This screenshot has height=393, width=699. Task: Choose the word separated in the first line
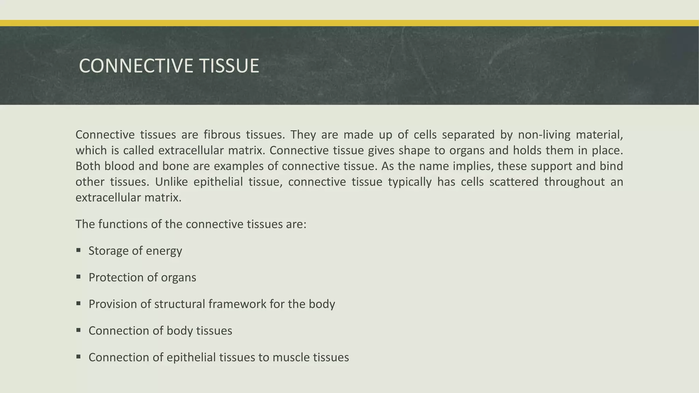(x=468, y=135)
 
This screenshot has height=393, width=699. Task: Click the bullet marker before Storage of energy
(x=79, y=250)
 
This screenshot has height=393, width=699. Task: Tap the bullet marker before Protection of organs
(x=79, y=277)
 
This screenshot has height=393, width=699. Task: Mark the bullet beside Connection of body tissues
(x=79, y=330)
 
